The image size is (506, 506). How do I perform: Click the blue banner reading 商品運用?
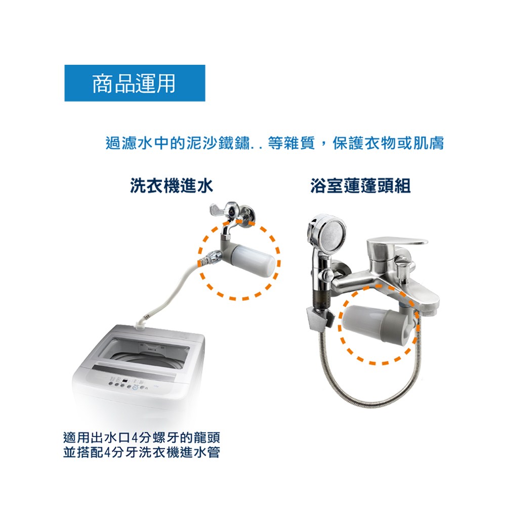(135, 83)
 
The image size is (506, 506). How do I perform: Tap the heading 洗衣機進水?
(172, 186)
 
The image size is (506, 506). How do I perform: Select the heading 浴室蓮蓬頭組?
(360, 186)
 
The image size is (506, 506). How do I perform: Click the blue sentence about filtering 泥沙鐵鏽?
(275, 143)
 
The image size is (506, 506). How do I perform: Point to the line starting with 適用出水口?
(142, 438)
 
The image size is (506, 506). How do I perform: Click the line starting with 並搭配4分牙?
(142, 452)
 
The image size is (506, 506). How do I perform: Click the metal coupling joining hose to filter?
(210, 257)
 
